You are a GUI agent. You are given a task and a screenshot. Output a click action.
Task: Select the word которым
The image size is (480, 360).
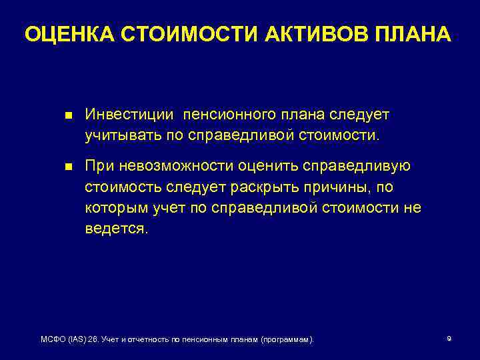(x=114, y=207)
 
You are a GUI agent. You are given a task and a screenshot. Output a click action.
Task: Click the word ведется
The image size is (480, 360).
(x=118, y=229)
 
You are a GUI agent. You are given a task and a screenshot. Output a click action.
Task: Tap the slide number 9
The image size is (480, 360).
(x=449, y=339)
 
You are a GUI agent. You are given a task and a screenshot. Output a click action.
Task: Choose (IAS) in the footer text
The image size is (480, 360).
(x=79, y=340)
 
